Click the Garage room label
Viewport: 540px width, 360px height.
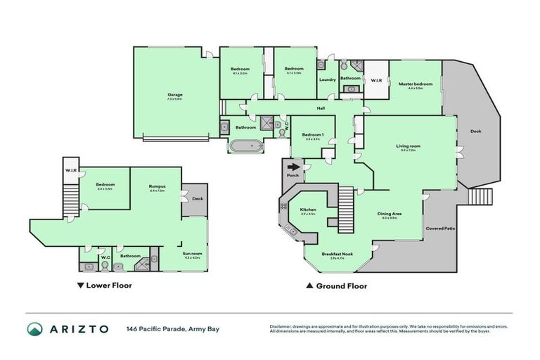coord(174,94)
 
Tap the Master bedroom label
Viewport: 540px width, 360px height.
coord(415,84)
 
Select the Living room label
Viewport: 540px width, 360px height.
coord(409,146)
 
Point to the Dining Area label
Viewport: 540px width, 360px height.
coord(390,214)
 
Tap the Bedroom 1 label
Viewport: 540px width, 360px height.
coord(313,135)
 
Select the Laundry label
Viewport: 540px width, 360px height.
coord(327,79)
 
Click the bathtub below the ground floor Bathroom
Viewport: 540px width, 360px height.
coord(245,147)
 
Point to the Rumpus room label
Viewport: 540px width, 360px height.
coord(157,186)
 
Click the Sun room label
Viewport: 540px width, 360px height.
coord(193,254)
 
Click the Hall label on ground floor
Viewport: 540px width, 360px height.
coord(321,108)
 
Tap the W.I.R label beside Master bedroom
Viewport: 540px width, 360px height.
coord(375,80)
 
